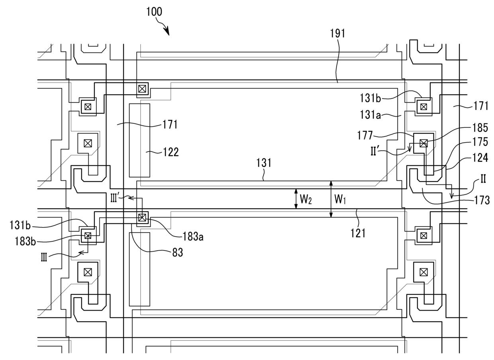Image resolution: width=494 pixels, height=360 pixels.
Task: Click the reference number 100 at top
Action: (154, 12)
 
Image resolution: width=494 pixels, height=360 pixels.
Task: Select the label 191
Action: (337, 33)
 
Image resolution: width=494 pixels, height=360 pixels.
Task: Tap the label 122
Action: (171, 152)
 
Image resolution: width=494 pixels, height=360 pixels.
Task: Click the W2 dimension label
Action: (306, 199)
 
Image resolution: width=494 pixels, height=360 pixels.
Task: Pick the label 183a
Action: (193, 237)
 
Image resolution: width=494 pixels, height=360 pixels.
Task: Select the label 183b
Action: (25, 241)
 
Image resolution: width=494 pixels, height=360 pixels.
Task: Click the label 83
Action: (178, 252)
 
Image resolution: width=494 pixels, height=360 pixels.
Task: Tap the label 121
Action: (358, 233)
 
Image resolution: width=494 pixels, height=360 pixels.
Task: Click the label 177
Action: (365, 135)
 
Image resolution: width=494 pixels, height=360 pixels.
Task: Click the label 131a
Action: (370, 115)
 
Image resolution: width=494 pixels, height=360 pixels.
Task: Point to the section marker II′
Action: (374, 152)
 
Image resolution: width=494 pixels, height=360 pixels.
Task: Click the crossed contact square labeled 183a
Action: (142, 218)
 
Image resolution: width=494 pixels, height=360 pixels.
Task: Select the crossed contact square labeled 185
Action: (423, 143)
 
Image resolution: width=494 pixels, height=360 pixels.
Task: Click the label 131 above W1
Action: (264, 163)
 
